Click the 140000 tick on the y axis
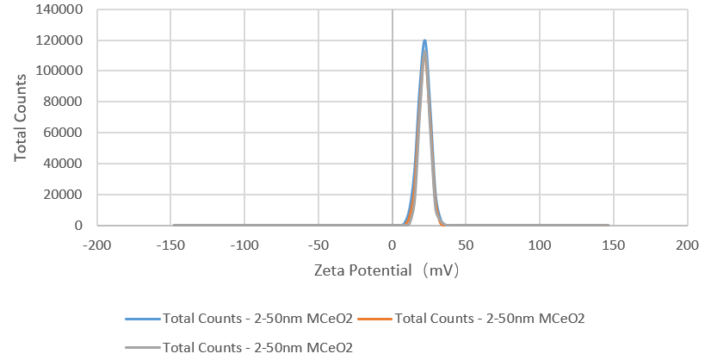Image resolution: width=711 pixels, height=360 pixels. pyautogui.click(x=65, y=9)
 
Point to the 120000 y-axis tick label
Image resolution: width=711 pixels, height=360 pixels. pyautogui.click(x=65, y=40)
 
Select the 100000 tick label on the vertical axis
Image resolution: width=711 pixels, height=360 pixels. pyautogui.click(x=65, y=71)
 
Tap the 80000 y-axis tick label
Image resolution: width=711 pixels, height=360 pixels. pyautogui.click(x=68, y=102)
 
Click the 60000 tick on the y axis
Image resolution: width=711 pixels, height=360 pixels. pyautogui.click(x=68, y=133)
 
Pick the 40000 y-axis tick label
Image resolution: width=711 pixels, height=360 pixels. pyautogui.click(x=68, y=164)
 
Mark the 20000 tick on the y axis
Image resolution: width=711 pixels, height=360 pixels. pyautogui.click(x=68, y=195)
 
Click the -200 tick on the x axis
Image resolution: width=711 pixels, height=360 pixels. pyautogui.click(x=97, y=245)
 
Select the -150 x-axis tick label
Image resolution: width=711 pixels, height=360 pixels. pyautogui.click(x=171, y=245)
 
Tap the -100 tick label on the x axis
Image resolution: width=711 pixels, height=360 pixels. pyautogui.click(x=245, y=245)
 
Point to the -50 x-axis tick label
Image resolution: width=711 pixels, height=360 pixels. pyautogui.click(x=319, y=245)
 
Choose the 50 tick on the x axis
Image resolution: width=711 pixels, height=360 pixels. pyautogui.click(x=467, y=245)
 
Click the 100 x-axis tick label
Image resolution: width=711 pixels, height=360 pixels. pyautogui.click(x=541, y=245)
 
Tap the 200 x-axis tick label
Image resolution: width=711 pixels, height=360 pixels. pyautogui.click(x=688, y=245)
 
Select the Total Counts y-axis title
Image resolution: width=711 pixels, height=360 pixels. pyautogui.click(x=20, y=118)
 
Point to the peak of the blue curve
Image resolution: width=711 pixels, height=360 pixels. pyautogui.click(x=424, y=40)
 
